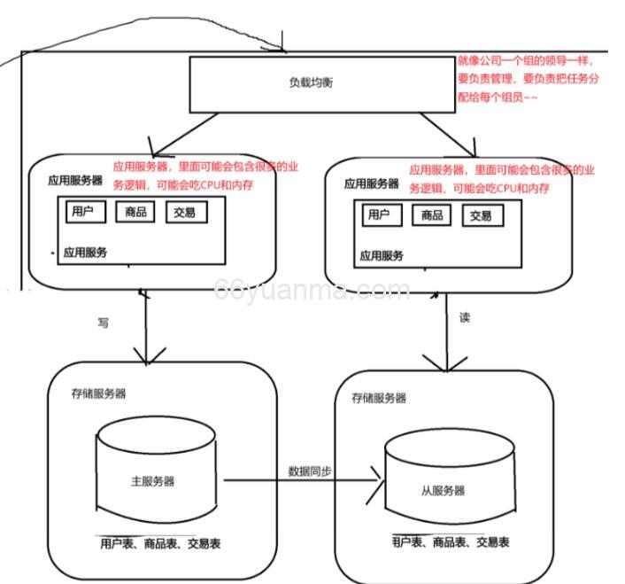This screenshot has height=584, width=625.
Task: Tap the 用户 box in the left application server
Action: point(87,213)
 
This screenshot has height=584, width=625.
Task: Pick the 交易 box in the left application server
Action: point(185,213)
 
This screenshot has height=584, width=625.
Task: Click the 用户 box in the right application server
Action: point(379,214)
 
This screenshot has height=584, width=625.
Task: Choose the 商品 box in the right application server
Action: point(431,214)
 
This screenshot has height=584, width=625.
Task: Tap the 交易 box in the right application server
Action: point(481,215)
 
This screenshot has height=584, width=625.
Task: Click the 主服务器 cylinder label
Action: point(152,481)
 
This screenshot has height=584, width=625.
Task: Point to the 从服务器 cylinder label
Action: point(442,490)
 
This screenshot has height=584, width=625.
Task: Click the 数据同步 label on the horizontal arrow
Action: point(310,471)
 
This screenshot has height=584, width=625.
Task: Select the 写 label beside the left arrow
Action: point(103,323)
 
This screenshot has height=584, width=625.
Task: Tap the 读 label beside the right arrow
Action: point(465,316)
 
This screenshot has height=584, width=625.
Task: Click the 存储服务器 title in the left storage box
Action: point(99,393)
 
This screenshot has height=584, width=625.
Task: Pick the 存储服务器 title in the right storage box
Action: point(379,398)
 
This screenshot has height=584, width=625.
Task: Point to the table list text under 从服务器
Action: point(450,542)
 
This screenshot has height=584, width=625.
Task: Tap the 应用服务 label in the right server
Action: point(381,255)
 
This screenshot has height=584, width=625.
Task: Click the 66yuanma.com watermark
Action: point(311,290)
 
